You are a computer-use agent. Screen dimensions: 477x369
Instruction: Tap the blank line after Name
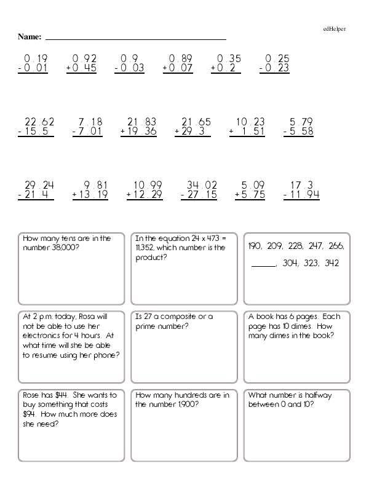[x=136, y=39]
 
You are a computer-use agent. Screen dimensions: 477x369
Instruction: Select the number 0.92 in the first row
[x=85, y=59]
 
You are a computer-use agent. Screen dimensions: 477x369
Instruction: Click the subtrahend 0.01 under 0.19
[x=36, y=68]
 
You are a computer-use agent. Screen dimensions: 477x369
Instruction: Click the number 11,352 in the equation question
[x=148, y=248]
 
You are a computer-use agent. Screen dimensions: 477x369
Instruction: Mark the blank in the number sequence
[x=264, y=264]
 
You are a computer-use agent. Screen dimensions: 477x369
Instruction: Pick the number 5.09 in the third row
[x=253, y=184]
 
